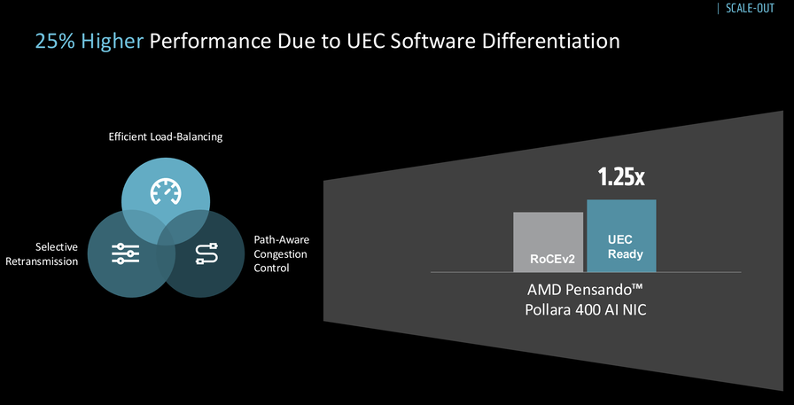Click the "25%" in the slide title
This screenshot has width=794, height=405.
pyautogui.click(x=55, y=41)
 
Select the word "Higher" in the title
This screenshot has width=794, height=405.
pyautogui.click(x=113, y=42)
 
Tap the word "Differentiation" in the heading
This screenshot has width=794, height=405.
pyautogui.click(x=551, y=41)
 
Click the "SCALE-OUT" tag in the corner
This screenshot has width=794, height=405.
pyautogui.click(x=750, y=8)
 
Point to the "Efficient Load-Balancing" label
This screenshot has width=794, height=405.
pyautogui.click(x=166, y=136)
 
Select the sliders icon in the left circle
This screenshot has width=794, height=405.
pyautogui.click(x=125, y=253)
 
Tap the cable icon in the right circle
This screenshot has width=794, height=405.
pyautogui.click(x=206, y=253)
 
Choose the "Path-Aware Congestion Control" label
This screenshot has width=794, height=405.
pyautogui.click(x=281, y=253)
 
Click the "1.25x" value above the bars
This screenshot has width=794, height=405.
pyautogui.click(x=621, y=177)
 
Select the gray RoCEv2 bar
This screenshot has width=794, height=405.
pyautogui.click(x=548, y=242)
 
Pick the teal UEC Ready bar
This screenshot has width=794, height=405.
pyautogui.click(x=621, y=236)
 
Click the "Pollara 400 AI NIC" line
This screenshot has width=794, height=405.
pyautogui.click(x=586, y=309)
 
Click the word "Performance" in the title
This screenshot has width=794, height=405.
pyautogui.click(x=209, y=41)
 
